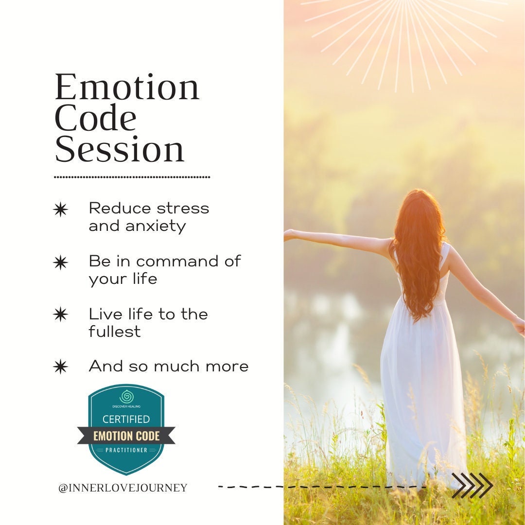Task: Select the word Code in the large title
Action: [x=96, y=119]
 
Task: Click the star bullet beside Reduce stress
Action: [x=60, y=210]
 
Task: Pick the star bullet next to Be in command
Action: [x=60, y=262]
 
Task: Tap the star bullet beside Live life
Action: [x=60, y=315]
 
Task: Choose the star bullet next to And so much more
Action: [x=60, y=367]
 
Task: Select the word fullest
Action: [x=114, y=332]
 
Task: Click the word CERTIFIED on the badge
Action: [x=126, y=419]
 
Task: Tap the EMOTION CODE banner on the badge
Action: [x=126, y=436]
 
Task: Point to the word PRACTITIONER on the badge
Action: [x=126, y=450]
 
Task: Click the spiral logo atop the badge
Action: [x=126, y=396]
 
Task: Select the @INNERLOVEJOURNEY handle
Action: [x=122, y=488]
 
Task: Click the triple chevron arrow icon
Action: [x=472, y=486]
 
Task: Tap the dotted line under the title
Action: [x=132, y=177]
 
